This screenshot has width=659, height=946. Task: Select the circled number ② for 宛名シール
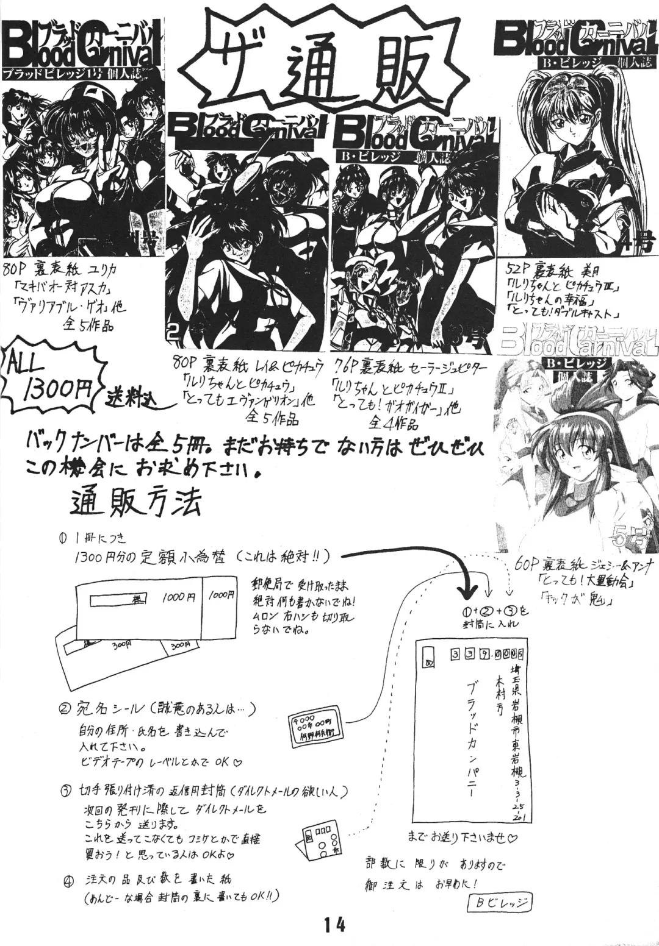click(x=64, y=709)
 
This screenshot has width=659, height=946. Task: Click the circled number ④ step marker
click(x=68, y=880)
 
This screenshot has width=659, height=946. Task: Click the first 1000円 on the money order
click(x=178, y=599)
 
